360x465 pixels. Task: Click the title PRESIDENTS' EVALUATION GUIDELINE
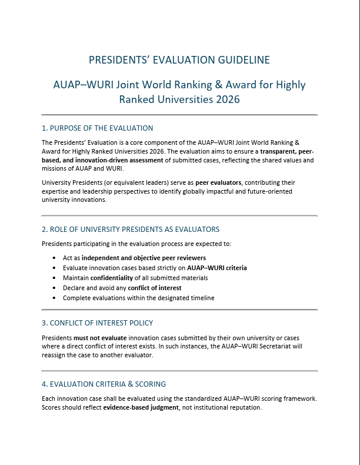[x=179, y=60]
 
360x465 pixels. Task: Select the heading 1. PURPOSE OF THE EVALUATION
[x=97, y=128]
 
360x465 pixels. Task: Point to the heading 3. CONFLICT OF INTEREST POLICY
[x=97, y=323]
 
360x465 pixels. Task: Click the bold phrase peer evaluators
[x=218, y=182]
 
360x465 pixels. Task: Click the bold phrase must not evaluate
[x=96, y=338]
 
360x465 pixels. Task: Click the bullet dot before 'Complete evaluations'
[x=55, y=298]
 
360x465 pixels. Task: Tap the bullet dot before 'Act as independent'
[x=55, y=258]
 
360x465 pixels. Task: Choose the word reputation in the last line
[x=244, y=407]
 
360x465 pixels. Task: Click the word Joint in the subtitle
[x=132, y=85]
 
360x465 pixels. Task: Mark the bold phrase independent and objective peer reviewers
[x=144, y=258]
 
